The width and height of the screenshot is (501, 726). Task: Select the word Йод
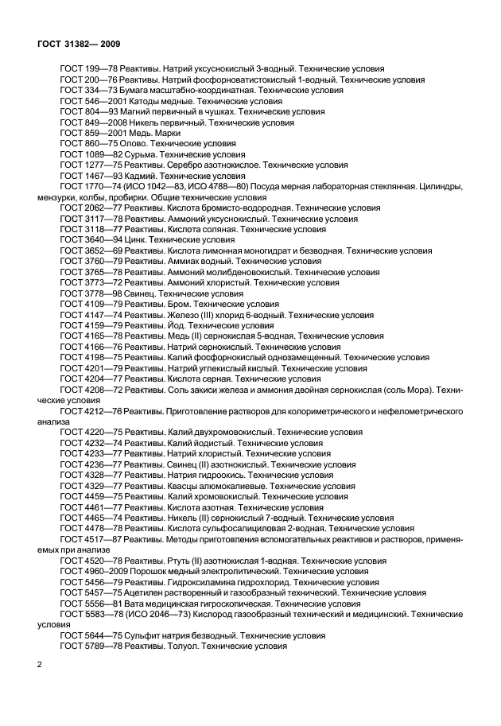176,325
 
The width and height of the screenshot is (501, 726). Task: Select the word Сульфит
144,636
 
